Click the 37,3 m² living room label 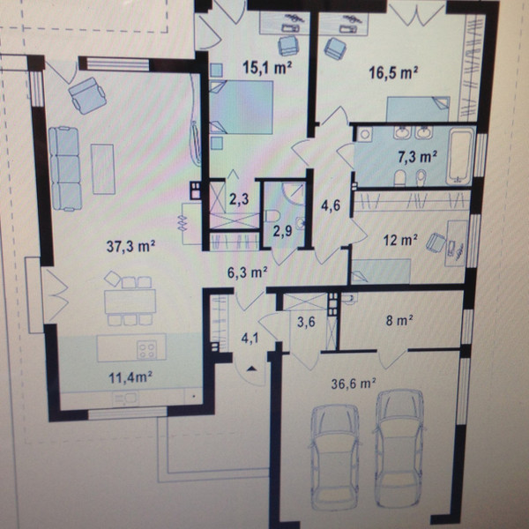(130, 246)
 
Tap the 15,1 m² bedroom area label (267, 68)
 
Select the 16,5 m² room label (393, 72)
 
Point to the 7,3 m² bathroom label (418, 157)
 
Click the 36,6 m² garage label (354, 384)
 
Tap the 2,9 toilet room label (282, 231)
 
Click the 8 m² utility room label (399, 321)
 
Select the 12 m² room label (400, 240)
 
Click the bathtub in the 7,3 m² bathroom (459, 156)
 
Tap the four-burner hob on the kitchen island (146, 350)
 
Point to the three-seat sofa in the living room (65, 168)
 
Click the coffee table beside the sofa (103, 169)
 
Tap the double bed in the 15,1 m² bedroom (241, 108)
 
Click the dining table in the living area (130, 302)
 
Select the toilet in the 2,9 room (272, 216)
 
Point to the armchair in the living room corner (87, 95)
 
